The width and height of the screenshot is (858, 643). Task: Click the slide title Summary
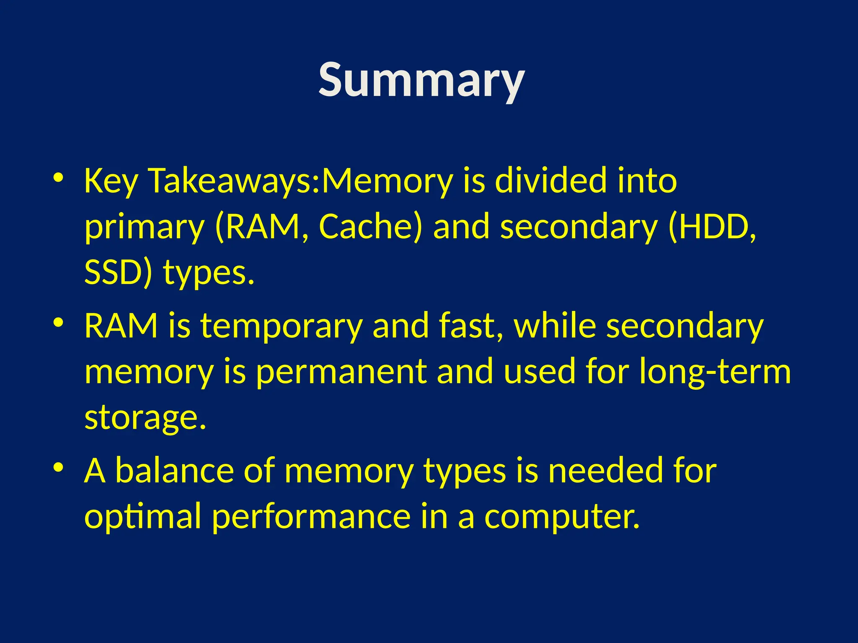421,80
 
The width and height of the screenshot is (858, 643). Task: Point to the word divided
550,181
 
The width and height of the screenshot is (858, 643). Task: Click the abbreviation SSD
112,272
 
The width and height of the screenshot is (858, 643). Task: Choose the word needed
605,471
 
